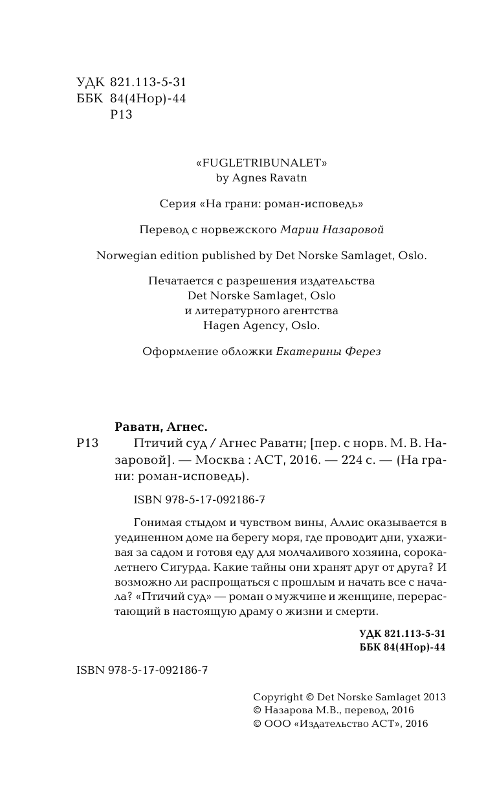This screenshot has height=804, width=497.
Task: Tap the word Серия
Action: point(177,203)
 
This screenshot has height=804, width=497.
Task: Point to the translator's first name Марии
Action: point(300,229)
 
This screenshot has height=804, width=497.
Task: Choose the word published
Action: point(226,255)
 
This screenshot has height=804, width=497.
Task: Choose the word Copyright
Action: point(277,697)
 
